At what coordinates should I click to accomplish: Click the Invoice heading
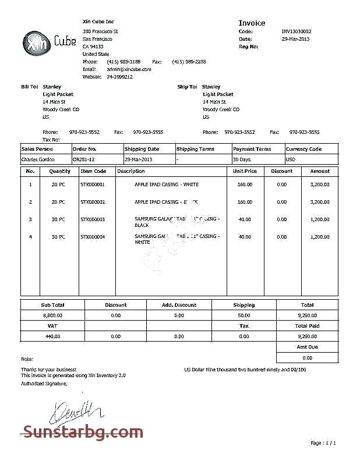(252, 23)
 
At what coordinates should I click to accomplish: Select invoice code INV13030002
(297, 31)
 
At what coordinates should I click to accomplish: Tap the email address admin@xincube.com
(129, 69)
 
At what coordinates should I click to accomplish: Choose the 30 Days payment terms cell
(242, 159)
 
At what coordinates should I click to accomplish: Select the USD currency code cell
(291, 159)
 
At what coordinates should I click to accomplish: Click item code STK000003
(93, 219)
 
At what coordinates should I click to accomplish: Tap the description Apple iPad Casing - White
(167, 184)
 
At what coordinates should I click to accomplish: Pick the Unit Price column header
(245, 171)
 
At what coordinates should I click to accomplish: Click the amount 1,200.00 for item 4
(320, 237)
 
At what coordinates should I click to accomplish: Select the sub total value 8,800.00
(52, 315)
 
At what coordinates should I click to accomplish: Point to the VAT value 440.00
(52, 336)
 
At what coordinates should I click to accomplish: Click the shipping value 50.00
(244, 315)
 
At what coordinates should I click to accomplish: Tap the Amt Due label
(307, 347)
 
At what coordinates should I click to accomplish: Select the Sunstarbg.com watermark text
(79, 432)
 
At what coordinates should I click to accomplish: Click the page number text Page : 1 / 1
(323, 443)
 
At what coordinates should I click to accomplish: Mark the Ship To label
(187, 87)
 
